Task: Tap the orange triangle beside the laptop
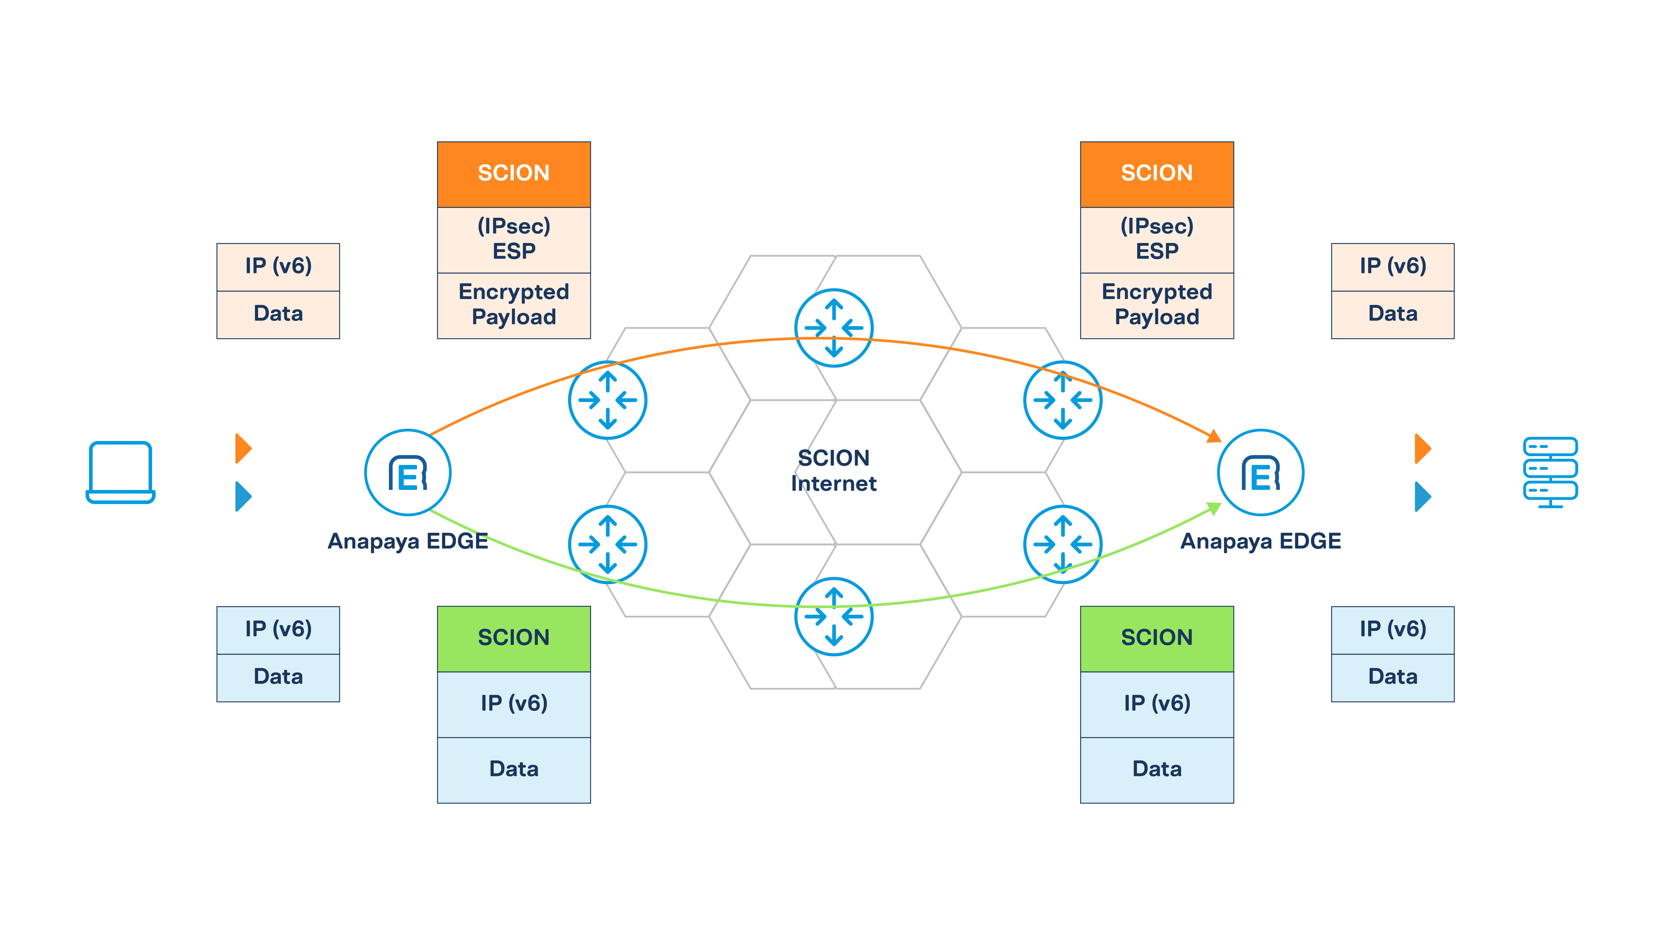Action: (x=243, y=448)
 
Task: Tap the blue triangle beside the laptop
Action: (x=243, y=496)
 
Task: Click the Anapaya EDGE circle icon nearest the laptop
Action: (x=408, y=472)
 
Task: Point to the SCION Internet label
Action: (x=833, y=470)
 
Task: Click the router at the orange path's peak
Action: (x=833, y=328)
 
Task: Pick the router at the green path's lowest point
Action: (x=833, y=616)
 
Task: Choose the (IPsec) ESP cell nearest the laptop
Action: (x=514, y=239)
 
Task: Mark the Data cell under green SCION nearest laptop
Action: (x=514, y=769)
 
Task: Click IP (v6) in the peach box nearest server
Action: (x=1392, y=266)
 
